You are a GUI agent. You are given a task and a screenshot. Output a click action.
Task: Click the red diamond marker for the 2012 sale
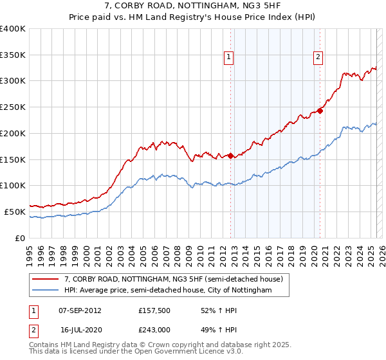tap(230, 156)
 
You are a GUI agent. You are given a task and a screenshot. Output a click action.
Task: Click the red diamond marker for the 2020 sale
tap(320, 111)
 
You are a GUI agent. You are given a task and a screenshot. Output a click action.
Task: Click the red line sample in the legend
tap(45, 280)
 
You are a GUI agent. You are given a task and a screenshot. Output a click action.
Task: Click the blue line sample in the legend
tap(45, 291)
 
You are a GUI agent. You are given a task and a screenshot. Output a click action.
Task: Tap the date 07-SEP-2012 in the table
tap(80, 310)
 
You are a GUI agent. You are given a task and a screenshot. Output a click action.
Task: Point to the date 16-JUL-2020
tap(79, 330)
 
